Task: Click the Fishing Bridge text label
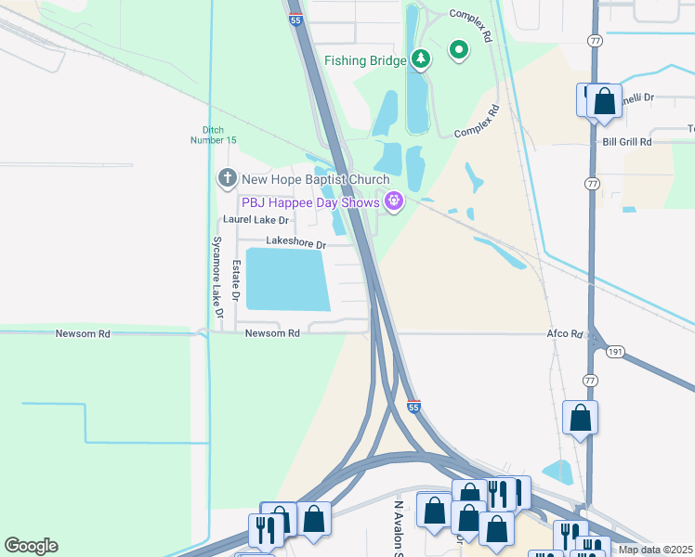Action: (365, 61)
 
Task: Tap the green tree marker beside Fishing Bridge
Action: (422, 60)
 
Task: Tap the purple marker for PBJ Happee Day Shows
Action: (394, 201)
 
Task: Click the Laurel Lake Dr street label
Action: (256, 220)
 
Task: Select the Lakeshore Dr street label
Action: (295, 243)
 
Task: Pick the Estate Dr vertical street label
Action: (236, 282)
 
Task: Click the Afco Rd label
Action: (564, 333)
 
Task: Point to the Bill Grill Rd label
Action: (627, 142)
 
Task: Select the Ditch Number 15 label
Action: (220, 134)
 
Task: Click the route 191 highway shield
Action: (614, 353)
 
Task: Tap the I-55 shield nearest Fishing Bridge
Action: (295, 19)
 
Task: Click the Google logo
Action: (31, 546)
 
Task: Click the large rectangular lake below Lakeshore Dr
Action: (287, 279)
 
